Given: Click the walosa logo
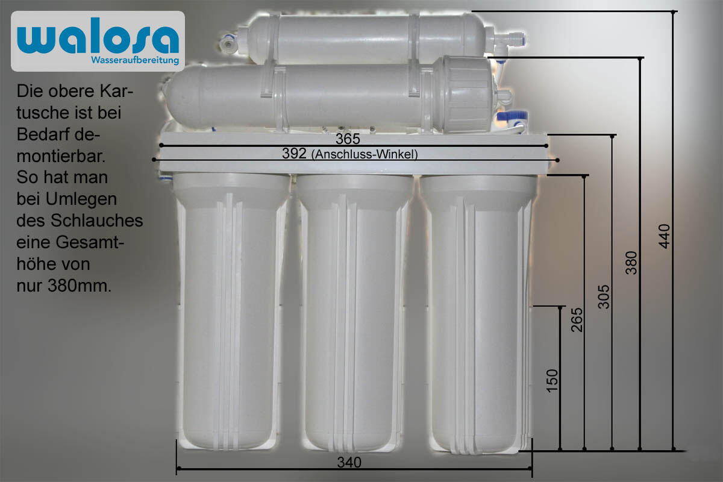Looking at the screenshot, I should [x=98, y=37].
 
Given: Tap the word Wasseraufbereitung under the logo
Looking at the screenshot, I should [x=134, y=60].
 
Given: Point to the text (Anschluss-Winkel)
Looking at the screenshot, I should [x=365, y=154].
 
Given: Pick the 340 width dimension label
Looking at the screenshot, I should [x=349, y=463].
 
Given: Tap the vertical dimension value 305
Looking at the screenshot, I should [x=604, y=296].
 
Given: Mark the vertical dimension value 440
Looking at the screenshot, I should [x=664, y=237].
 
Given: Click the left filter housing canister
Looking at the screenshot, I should [x=231, y=313].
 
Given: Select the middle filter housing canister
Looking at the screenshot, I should [x=354, y=313].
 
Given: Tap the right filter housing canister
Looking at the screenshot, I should [x=476, y=313].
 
